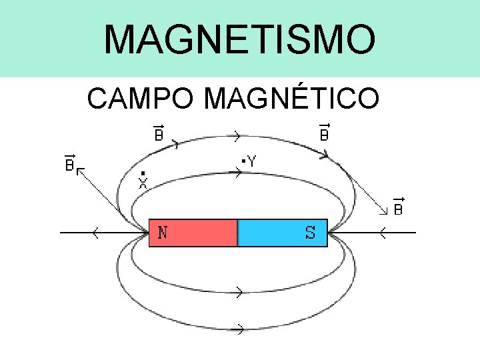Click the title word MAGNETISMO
point(239,39)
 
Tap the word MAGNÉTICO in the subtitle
point(293,98)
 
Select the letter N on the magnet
point(163,233)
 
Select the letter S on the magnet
point(311,233)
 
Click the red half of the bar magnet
point(193,233)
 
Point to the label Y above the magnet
point(253,161)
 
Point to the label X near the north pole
point(143,183)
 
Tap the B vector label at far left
point(69,164)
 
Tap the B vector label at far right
point(397,207)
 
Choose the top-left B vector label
point(159,133)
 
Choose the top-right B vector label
point(324,133)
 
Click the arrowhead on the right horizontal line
point(383,233)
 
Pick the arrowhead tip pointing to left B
point(79,170)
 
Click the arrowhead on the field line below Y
point(235,173)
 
